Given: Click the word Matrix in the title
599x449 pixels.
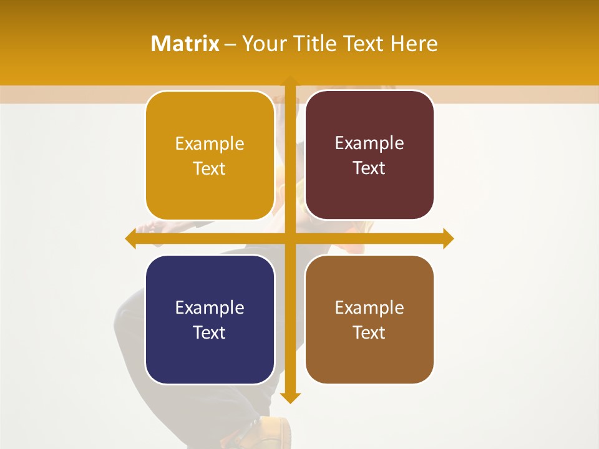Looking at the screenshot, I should click(185, 44).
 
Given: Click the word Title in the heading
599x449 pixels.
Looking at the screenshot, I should click(328, 44).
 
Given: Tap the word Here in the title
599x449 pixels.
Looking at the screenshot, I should click(414, 44).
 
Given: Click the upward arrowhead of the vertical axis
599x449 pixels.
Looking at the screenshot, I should click(290, 82).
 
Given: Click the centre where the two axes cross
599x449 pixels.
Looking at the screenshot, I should click(290, 238).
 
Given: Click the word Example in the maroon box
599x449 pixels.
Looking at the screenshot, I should click(369, 143).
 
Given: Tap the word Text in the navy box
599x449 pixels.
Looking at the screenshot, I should click(209, 332).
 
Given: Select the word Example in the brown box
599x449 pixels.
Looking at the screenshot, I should click(369, 307).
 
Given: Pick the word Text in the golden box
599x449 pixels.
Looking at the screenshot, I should click(209, 169).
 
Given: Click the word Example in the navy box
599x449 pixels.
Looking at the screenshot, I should click(209, 307).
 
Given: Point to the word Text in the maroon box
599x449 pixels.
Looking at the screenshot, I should click(369, 168).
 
